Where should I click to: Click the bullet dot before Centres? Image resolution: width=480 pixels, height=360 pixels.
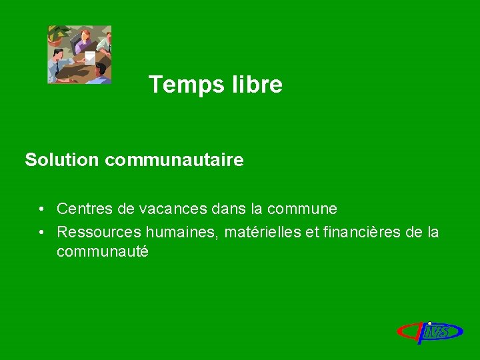tap(41, 209)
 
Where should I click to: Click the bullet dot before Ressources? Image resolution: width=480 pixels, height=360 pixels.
tap(41, 232)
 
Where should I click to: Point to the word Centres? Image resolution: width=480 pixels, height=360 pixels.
tap(85, 209)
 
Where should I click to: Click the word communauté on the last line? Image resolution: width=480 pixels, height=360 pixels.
tap(102, 252)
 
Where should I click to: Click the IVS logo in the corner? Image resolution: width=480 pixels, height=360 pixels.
tap(430, 330)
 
